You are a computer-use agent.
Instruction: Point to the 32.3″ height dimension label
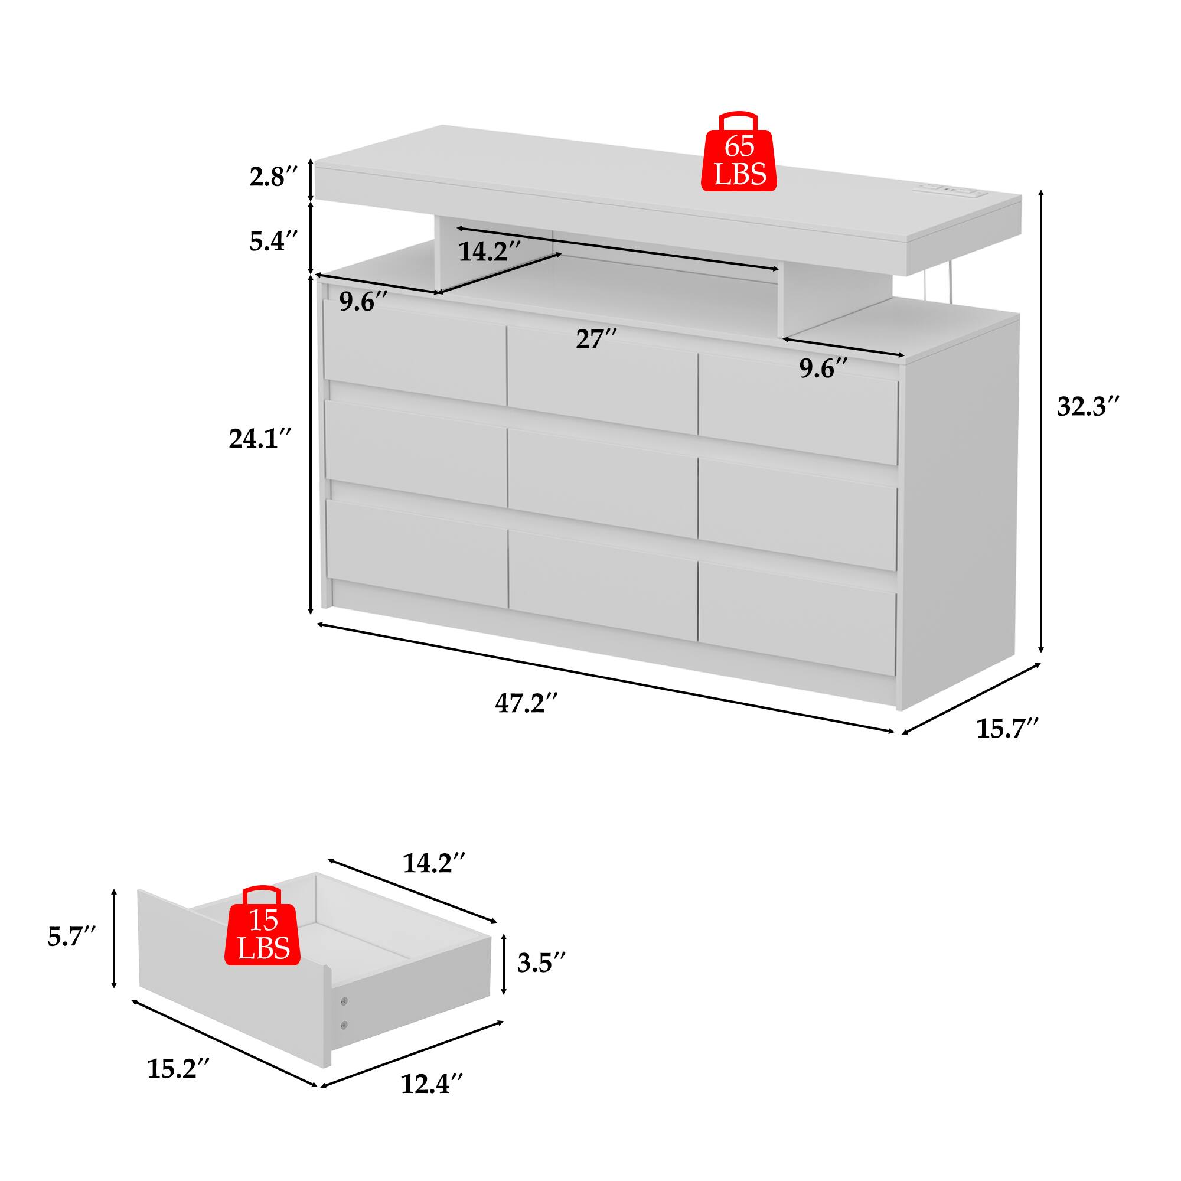[1089, 406]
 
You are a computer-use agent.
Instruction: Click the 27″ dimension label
[596, 338]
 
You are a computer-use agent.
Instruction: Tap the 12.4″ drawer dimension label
[432, 1101]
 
